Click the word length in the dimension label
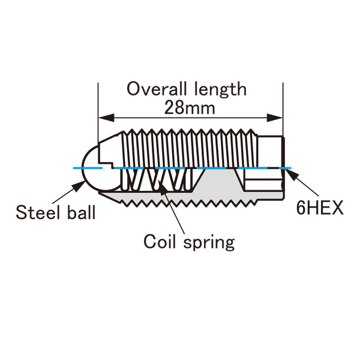[x=218, y=89]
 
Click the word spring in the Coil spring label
[x=207, y=244]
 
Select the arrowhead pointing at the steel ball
[x=79, y=187]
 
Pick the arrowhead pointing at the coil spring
[x=163, y=192]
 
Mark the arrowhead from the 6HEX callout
[x=289, y=174]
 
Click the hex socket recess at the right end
[x=264, y=178]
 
